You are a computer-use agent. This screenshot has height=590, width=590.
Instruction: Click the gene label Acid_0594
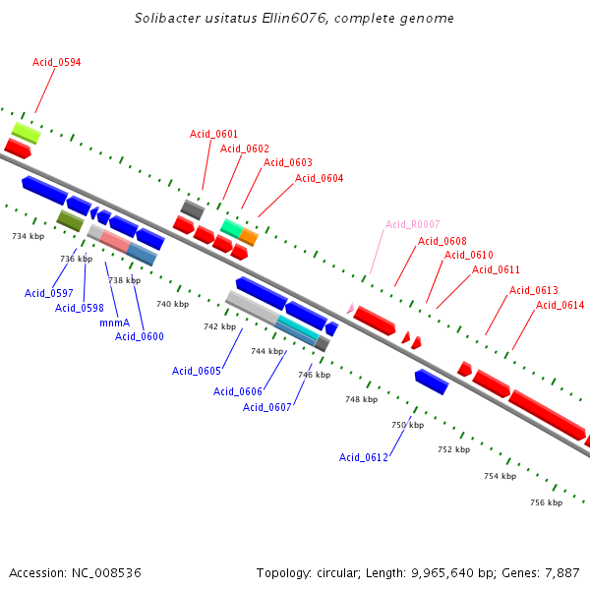pos(56,62)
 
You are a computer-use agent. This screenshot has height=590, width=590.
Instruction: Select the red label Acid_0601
pos(213,134)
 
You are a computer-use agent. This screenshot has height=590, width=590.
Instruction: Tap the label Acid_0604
pos(320,178)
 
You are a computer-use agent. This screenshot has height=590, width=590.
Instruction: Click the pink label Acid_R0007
pos(412,224)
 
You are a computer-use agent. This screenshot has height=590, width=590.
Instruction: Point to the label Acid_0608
pos(442,241)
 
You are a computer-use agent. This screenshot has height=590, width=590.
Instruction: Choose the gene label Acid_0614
pos(560,305)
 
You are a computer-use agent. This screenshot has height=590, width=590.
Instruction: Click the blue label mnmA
pos(114,323)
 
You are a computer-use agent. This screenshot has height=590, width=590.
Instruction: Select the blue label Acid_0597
pos(49,293)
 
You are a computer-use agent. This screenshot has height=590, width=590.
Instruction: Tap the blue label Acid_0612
pos(364,457)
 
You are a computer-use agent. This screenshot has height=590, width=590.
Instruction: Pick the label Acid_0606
pos(238,391)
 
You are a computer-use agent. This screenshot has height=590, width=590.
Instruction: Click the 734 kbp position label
pos(28,236)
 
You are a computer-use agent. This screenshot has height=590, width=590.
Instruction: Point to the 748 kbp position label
pos(361,399)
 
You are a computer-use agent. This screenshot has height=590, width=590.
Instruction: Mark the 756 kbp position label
pos(546,502)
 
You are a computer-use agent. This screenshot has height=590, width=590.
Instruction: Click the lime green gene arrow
pos(26,132)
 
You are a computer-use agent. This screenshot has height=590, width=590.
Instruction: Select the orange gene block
pos(249,236)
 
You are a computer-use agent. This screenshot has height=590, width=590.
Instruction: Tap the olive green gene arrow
pos(70,220)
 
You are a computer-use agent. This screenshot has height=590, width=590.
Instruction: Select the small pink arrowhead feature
pos(349,308)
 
